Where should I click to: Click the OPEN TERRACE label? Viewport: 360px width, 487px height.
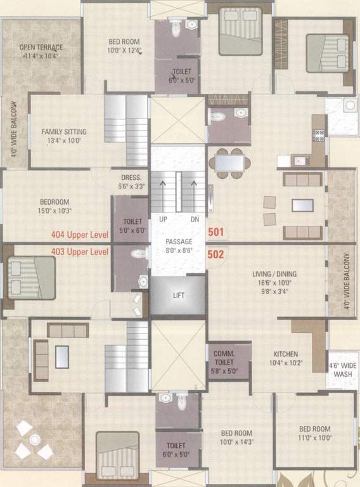[x=41, y=48]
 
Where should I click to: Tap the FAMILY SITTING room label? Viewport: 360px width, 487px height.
[x=64, y=132]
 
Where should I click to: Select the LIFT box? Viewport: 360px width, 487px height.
[x=178, y=295]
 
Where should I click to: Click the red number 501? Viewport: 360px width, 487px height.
[x=216, y=233]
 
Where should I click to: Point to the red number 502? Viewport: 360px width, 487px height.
[x=216, y=254]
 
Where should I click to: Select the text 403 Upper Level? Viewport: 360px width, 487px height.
[x=80, y=252]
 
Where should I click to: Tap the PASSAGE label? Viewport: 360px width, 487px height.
[x=178, y=242]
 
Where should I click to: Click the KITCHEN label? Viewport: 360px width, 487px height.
[x=285, y=354]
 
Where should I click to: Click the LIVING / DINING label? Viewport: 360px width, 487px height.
[x=274, y=274]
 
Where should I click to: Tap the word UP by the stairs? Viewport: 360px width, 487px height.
[x=163, y=219]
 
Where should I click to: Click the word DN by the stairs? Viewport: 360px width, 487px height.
[x=194, y=219]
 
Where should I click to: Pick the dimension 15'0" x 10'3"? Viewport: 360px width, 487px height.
[x=54, y=211]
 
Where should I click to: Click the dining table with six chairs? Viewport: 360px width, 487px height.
[x=228, y=163]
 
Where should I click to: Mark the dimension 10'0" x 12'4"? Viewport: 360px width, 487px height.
[x=123, y=50]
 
